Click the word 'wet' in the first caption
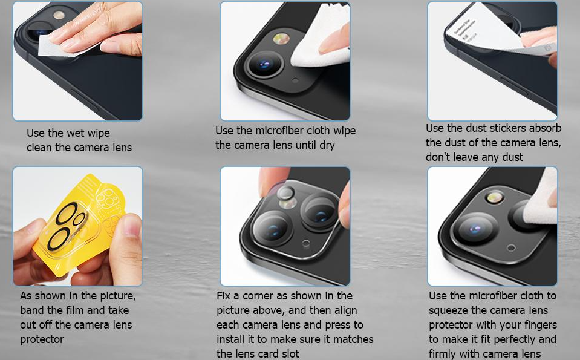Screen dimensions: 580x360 [x=77, y=133]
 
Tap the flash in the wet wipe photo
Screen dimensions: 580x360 [x=59, y=15]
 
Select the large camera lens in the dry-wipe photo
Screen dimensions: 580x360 [x=264, y=64]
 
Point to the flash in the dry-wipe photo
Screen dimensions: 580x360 [x=281, y=39]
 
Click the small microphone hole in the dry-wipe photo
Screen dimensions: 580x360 [x=295, y=80]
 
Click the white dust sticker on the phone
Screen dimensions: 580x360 [x=484, y=30]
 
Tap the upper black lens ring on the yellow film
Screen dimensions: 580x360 [x=67, y=214]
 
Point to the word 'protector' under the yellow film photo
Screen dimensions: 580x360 [x=42, y=339]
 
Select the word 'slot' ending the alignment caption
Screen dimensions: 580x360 [x=290, y=354]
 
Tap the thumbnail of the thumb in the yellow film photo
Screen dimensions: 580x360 [x=132, y=226]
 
